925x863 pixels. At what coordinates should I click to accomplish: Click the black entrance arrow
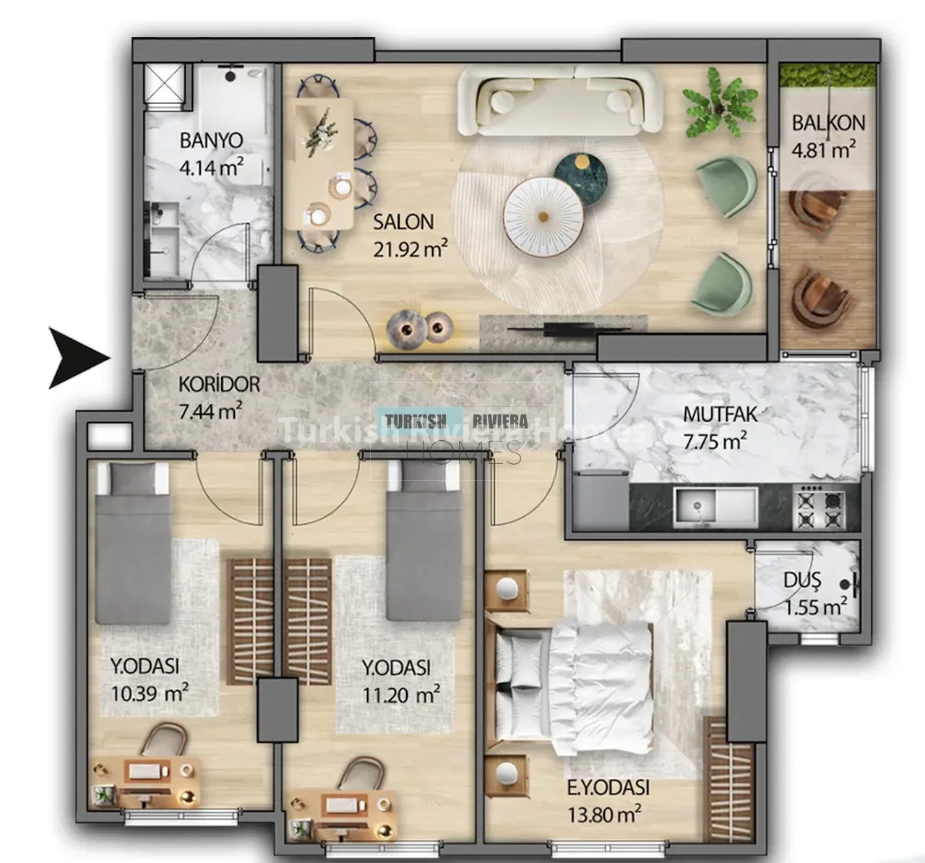77,358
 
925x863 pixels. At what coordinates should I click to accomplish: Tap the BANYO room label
212,140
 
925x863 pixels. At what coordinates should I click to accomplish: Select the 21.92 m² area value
410,249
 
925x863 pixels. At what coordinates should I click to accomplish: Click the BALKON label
828,123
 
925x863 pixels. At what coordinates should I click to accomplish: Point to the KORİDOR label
220,385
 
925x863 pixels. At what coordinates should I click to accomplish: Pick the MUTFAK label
720,414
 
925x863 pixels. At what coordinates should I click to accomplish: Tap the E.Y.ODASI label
608,788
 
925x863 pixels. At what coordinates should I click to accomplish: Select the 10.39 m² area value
150,694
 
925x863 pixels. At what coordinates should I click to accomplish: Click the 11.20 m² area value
401,696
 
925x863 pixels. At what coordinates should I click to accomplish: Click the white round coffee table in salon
543,217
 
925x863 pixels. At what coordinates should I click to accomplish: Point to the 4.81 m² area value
824,150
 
